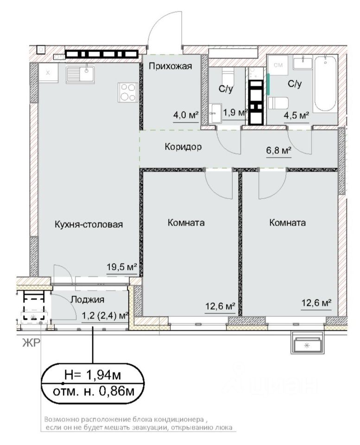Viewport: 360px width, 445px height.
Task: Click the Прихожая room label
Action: tap(170, 66)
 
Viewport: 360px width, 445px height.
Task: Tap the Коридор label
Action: tap(183, 147)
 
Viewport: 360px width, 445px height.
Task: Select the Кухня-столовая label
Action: tap(89, 224)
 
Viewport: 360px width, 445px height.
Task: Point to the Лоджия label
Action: tap(88, 299)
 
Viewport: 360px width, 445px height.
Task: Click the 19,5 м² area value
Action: tap(122, 267)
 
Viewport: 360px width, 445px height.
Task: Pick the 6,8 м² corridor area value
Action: tap(278, 150)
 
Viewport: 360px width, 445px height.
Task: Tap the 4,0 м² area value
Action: tap(186, 115)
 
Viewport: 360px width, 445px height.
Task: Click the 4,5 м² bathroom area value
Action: tap(297, 115)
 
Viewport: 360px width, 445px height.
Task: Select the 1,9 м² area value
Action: tap(234, 113)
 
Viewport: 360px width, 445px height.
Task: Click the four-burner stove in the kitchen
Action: tap(128, 93)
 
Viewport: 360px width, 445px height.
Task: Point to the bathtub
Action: tap(325, 84)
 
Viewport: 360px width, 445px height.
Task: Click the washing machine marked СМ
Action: tap(278, 65)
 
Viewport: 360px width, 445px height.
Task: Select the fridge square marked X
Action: tap(48, 73)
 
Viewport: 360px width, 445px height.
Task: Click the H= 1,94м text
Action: tap(93, 375)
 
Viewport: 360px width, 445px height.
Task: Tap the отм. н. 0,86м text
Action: tap(93, 392)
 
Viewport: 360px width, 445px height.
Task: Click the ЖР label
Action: tap(31, 343)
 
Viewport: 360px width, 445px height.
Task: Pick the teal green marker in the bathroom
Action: tap(268, 84)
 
